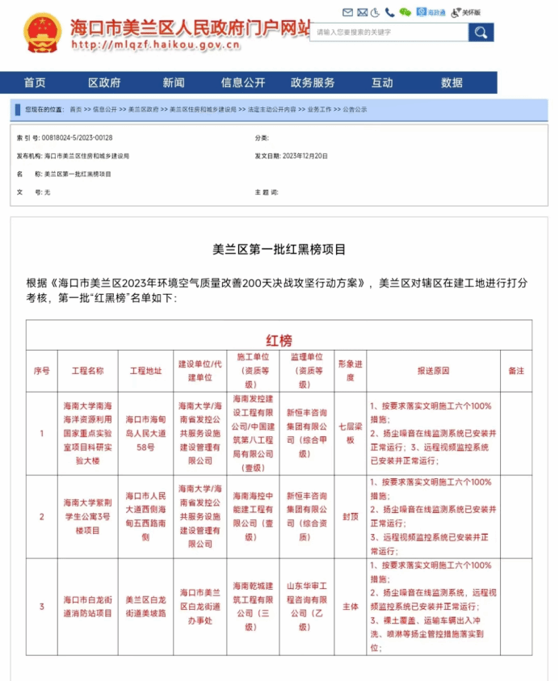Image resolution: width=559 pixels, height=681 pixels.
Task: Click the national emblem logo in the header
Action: coord(42,32)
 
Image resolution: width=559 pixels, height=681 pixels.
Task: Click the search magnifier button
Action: coord(481,32)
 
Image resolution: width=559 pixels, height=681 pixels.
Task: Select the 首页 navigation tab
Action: coord(35,82)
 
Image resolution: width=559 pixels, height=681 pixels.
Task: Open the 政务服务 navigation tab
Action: coord(313,82)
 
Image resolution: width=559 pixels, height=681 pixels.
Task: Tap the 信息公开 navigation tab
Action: coord(243,82)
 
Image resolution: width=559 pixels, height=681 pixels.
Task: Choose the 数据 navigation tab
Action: coord(452,82)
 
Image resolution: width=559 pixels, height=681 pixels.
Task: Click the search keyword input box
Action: coord(389,32)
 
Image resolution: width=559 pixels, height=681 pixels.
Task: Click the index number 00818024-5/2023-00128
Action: coord(77,137)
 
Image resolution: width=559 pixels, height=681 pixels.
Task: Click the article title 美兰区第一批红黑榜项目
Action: coord(279,250)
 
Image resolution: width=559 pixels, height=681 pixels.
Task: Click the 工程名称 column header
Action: coord(88,371)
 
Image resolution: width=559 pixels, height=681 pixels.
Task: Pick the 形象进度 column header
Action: coord(350,371)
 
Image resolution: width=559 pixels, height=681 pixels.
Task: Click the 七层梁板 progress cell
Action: coord(350,434)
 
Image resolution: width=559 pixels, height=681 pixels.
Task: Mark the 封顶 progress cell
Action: coord(350,516)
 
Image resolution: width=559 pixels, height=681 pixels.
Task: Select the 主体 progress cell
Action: coord(350,606)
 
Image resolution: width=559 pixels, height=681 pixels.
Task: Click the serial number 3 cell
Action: coord(42,606)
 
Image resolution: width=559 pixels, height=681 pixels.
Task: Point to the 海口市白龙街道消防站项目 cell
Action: coord(88,606)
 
